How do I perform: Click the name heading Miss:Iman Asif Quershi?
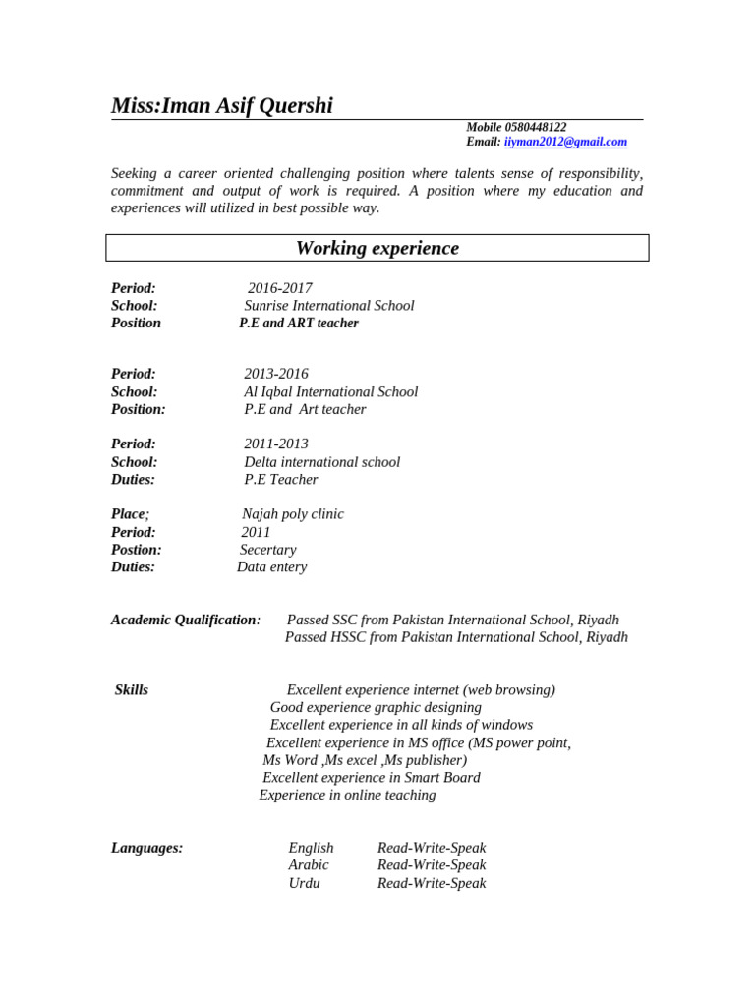pos(222,106)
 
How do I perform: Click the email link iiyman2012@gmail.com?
pos(565,142)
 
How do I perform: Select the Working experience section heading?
pos(377,248)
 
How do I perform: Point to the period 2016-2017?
pos(280,288)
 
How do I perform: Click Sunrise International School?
pos(329,306)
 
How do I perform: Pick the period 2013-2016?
pos(276,374)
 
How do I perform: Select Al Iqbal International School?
pos(331,391)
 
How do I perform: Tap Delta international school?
pos(322,462)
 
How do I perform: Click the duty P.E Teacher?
pos(281,480)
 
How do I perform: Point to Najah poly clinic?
pos(293,514)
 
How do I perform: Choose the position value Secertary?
pos(267,550)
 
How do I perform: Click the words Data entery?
pos(272,567)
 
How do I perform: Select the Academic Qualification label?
pos(185,621)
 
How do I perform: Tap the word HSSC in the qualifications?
pos(338,637)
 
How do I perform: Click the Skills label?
pos(132,690)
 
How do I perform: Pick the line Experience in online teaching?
pos(347,795)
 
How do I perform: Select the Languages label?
pos(146,848)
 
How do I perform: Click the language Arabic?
pos(309,865)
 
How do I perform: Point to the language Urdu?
pos(304,883)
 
